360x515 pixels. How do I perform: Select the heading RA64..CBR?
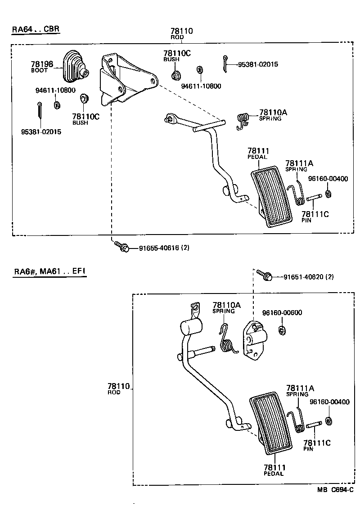coord(36,30)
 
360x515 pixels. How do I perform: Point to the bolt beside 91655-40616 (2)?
coord(122,247)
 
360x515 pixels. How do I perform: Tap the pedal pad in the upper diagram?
coord(270,196)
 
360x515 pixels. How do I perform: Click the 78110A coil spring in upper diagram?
coord(243,120)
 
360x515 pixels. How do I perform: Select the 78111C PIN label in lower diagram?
coord(316,445)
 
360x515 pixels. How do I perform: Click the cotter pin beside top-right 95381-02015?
coord(225,63)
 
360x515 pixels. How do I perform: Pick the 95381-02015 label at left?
coord(41,132)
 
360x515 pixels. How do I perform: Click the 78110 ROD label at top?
coord(181,33)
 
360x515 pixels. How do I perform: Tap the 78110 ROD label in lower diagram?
coord(118,389)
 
